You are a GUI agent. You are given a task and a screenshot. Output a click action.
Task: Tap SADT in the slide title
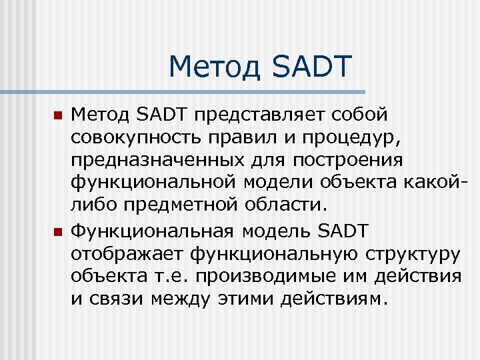point(312,67)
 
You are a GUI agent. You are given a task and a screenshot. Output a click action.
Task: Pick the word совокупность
point(134,138)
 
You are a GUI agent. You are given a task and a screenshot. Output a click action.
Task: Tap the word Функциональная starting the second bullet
point(152,231)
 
